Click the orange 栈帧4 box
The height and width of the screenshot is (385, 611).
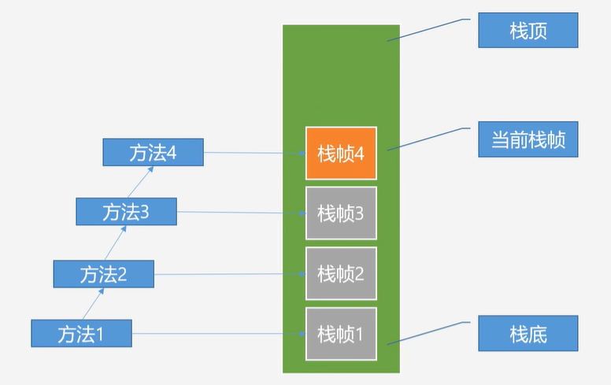tap(341, 154)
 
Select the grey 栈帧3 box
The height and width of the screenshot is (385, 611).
tap(341, 213)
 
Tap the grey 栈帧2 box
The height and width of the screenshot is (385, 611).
tap(341, 273)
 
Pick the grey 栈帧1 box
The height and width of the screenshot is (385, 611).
tap(341, 333)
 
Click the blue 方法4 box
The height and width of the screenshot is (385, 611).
tap(153, 152)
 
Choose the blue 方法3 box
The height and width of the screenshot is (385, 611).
tap(126, 212)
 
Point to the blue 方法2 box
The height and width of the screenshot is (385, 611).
tap(103, 273)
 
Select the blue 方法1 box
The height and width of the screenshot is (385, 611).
tap(81, 333)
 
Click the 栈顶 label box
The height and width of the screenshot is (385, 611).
tap(528, 32)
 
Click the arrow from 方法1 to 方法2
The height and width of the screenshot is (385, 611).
tap(92, 304)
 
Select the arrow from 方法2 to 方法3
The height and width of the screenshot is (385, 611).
tap(115, 243)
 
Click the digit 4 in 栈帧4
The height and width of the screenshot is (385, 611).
tap(359, 154)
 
